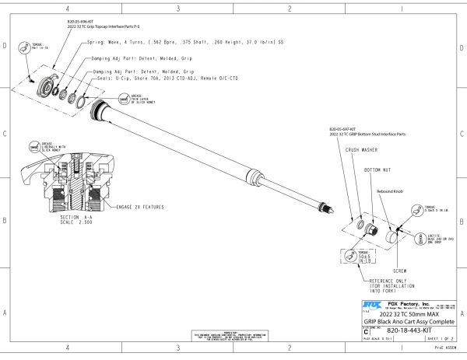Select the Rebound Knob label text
pyautogui.click(x=391, y=190)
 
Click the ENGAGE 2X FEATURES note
pyautogui.click(x=141, y=208)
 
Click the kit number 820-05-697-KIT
pyautogui.click(x=343, y=128)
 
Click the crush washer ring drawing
pyautogui.click(x=361, y=225)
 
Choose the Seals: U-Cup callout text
pyautogui.click(x=163, y=79)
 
